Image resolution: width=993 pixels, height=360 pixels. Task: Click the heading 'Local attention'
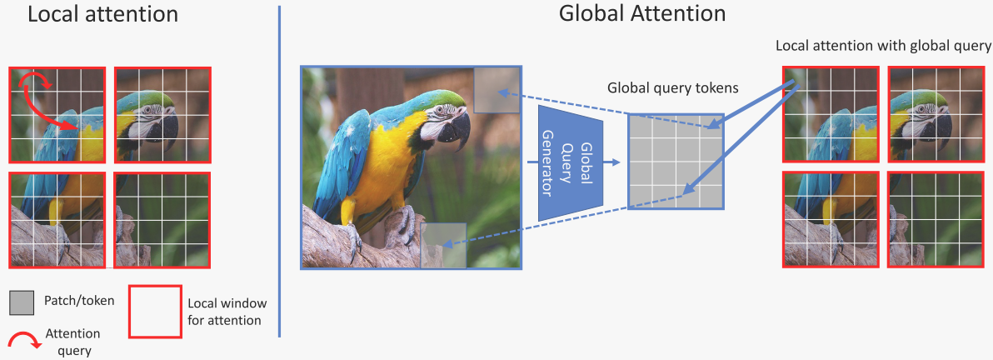tap(102, 14)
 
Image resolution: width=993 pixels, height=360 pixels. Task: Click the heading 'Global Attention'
tap(642, 14)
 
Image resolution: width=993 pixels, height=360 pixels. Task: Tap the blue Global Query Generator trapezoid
tap(570, 162)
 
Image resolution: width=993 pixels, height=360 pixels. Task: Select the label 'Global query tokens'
tap(673, 88)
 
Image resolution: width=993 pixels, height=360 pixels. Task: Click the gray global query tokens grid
tap(675, 162)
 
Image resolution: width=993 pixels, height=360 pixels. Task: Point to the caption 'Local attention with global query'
tap(883, 47)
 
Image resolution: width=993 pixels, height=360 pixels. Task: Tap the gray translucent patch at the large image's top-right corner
tap(497, 89)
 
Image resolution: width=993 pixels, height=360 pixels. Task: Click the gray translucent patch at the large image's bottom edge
tap(443, 246)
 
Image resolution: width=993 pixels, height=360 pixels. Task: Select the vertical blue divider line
tap(279, 171)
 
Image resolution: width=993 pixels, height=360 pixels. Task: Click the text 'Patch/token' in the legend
tap(80, 301)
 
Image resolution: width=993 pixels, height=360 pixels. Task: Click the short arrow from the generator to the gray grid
tap(612, 162)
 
